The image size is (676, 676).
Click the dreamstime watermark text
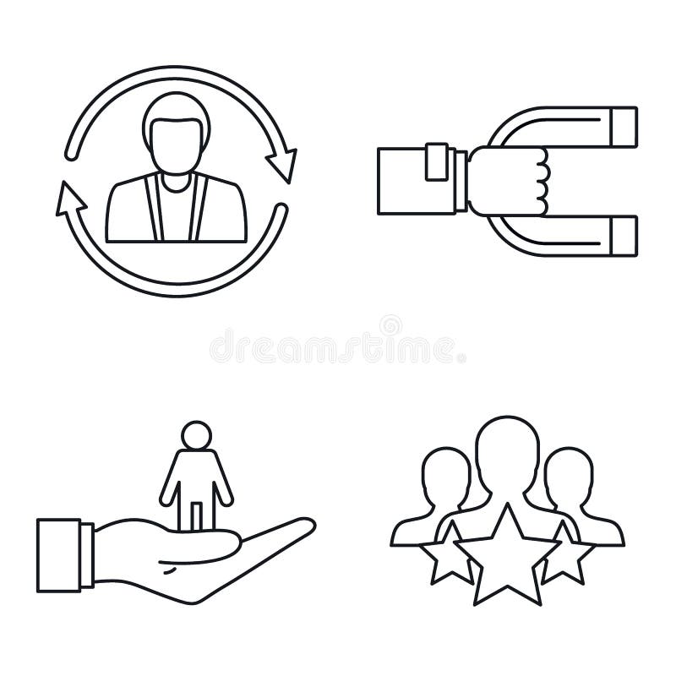(x=337, y=347)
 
